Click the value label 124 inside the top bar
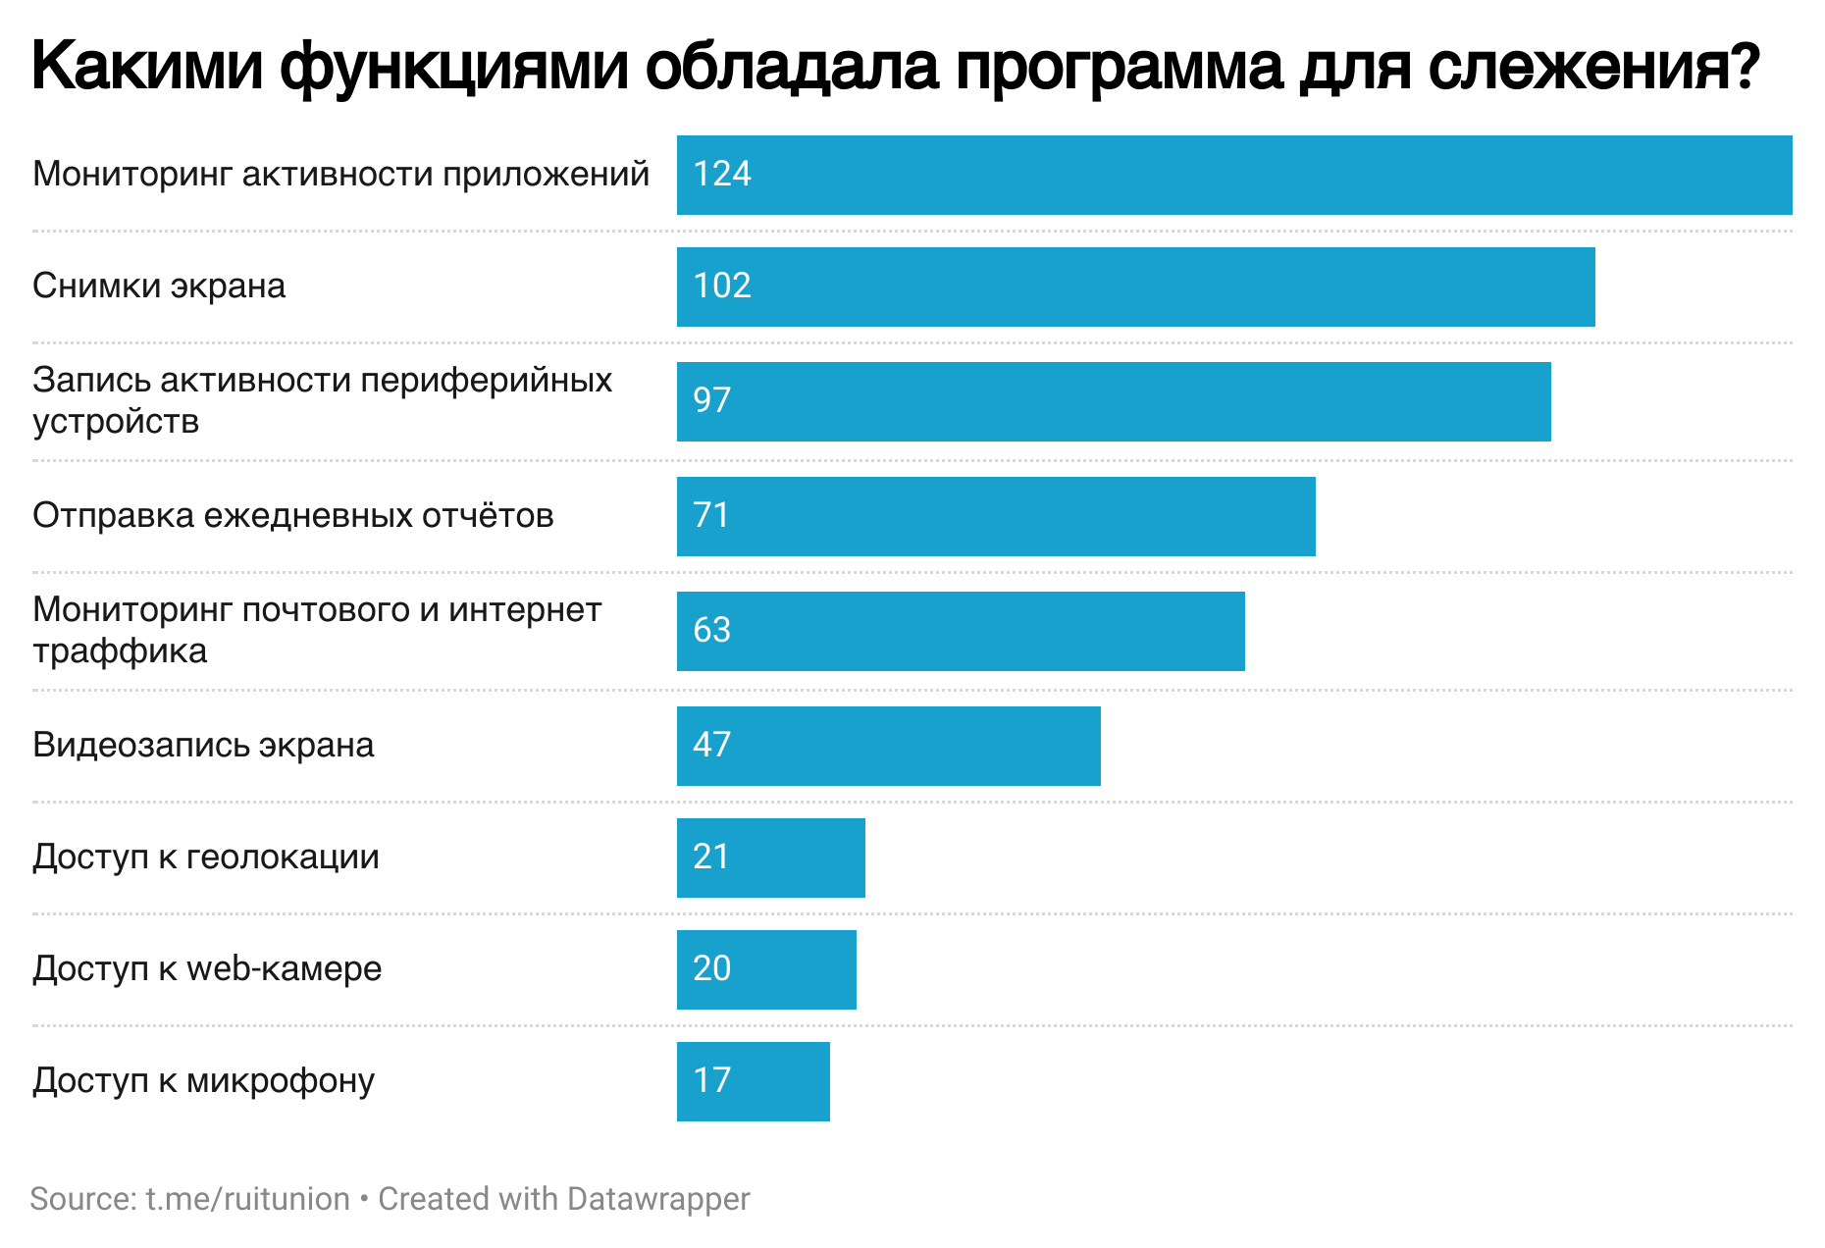coord(722,174)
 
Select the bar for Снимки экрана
coord(1135,286)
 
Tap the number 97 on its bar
coord(712,400)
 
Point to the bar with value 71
coord(996,516)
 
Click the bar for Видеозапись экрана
coord(888,746)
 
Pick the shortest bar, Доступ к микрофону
coord(753,1081)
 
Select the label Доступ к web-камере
coord(207,968)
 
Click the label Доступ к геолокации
coord(206,857)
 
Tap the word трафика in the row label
coord(120,650)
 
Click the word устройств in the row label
coord(116,421)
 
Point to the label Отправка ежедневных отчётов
coord(293,515)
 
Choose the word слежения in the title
coord(1593,67)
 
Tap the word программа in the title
coord(1119,67)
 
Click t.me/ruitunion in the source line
coord(247,1199)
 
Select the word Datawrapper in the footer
coord(658,1199)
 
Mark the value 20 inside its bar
coord(712,968)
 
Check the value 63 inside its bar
coord(712,630)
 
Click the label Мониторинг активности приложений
coord(340,174)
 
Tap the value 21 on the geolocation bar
coord(712,857)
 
